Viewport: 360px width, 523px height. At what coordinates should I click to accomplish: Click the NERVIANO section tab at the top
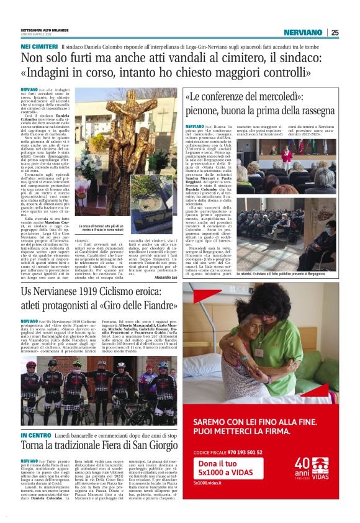coord(302,32)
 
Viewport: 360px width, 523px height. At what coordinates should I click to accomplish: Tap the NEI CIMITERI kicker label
coord(39,47)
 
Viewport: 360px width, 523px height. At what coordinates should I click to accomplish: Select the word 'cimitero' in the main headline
coord(242,60)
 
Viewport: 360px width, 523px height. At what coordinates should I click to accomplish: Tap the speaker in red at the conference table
coord(286,153)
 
